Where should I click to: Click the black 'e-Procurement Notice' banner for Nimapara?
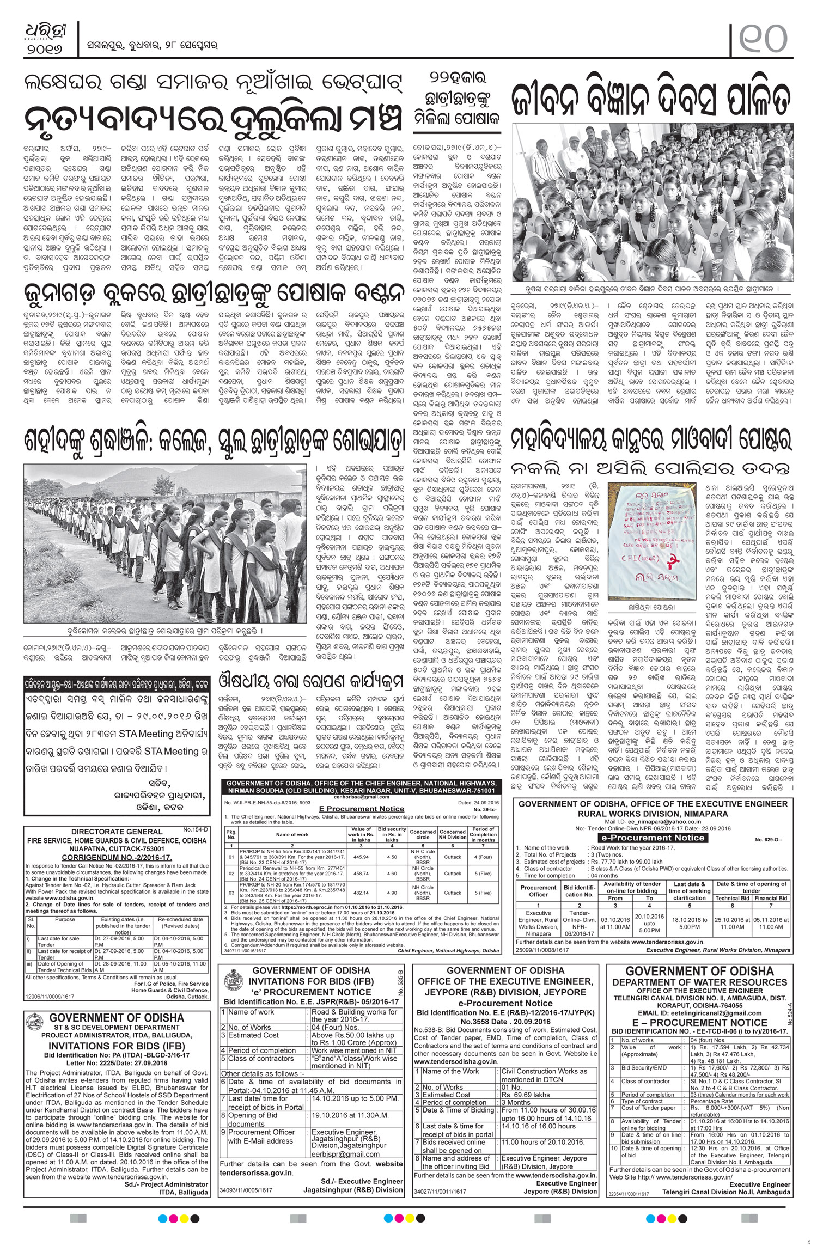pyautogui.click(x=651, y=838)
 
